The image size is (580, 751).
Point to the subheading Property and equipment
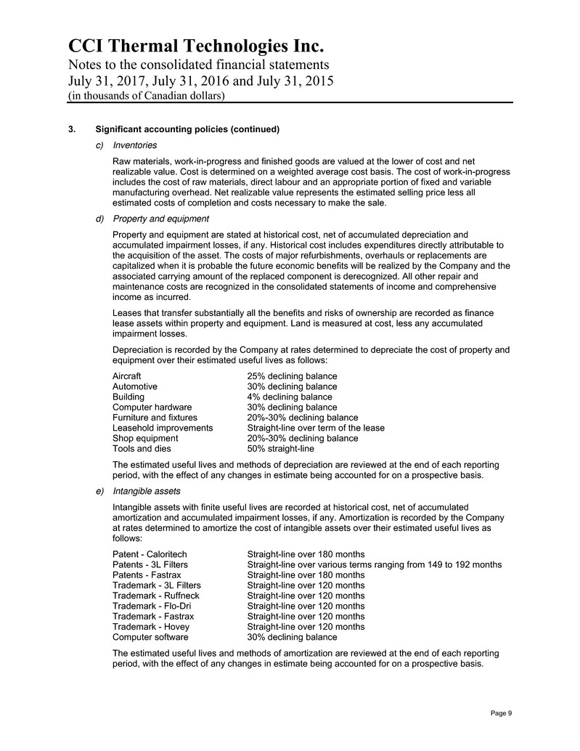(x=161, y=219)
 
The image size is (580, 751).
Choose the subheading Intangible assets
(x=149, y=491)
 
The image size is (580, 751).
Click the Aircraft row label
(x=127, y=376)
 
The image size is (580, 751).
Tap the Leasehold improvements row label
(x=163, y=429)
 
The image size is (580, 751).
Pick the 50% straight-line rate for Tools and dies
(x=281, y=449)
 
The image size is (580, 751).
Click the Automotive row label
(x=135, y=387)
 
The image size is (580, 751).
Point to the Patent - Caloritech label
(x=150, y=554)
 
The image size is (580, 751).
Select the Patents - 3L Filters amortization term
(x=374, y=565)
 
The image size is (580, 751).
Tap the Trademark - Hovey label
(x=151, y=627)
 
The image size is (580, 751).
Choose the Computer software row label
(x=150, y=637)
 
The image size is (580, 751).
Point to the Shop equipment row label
(x=145, y=439)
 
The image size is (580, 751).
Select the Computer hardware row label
(x=152, y=407)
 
